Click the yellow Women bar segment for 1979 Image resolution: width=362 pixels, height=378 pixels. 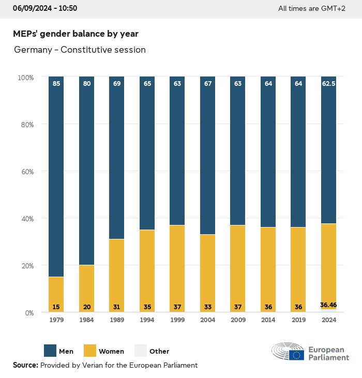pos(56,292)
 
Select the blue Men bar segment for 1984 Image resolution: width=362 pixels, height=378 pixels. pos(87,171)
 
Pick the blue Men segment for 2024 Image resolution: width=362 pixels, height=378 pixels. pos(329,150)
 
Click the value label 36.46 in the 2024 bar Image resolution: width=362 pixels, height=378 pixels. pos(328,305)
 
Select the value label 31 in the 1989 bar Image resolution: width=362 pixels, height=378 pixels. pos(117,307)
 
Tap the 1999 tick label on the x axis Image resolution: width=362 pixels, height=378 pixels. pos(177,320)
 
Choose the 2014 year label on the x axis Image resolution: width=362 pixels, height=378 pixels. pos(268,320)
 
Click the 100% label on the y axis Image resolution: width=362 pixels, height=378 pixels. pos(25,78)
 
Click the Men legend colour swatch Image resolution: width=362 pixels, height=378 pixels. pos(50,351)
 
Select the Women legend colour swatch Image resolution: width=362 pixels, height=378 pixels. pos(89,351)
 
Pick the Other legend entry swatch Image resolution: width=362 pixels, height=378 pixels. pos(141,351)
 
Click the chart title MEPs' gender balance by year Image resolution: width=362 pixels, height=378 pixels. pos(76,34)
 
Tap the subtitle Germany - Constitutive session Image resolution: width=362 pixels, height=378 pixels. pos(80,50)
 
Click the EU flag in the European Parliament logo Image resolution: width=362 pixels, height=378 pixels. pos(296,354)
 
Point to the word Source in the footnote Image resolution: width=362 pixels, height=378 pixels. pos(25,365)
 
